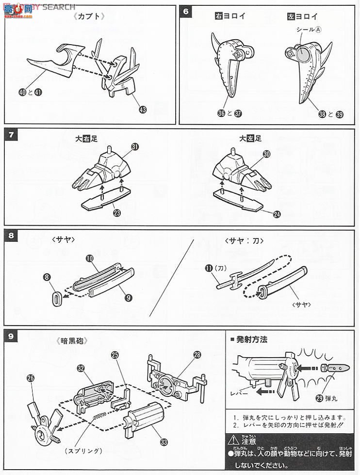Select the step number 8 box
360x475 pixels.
(x=11, y=237)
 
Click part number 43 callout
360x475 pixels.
(x=142, y=110)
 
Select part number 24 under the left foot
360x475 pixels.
(x=277, y=214)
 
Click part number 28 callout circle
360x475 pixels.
(x=196, y=355)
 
